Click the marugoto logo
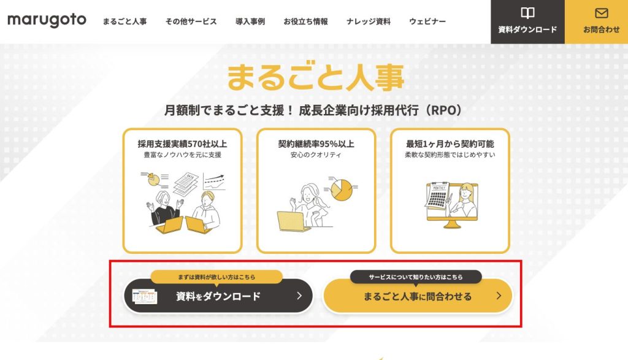click(47, 20)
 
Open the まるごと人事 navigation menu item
click(124, 21)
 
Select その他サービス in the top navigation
click(191, 21)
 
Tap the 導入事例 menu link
click(250, 21)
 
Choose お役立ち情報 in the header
click(305, 21)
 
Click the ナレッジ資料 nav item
click(369, 21)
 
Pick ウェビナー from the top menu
click(427, 21)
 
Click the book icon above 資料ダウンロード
click(527, 13)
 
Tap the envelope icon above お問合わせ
click(601, 13)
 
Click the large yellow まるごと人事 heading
click(316, 77)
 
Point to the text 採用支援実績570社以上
click(182, 144)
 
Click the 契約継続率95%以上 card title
click(316, 144)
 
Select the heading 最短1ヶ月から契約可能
click(450, 144)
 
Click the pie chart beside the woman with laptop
click(341, 190)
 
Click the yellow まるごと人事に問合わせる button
click(418, 296)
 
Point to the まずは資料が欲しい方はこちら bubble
click(216, 277)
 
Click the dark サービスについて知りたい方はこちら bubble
click(416, 277)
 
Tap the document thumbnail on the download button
click(144, 297)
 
